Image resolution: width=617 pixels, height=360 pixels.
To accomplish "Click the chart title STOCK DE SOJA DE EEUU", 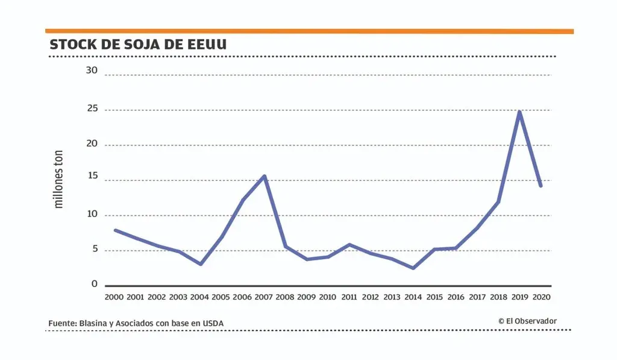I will (138, 45).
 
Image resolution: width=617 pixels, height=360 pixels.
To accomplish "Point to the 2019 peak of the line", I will (519, 112).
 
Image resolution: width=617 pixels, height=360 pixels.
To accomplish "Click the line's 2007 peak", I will (265, 176).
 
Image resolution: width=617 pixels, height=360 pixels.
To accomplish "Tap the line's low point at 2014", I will (413, 268).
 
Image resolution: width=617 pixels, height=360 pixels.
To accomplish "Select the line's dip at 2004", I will (201, 264).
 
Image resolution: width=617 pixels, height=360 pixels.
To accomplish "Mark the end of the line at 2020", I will (541, 186).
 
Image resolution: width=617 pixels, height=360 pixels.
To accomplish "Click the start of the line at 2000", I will (115, 230).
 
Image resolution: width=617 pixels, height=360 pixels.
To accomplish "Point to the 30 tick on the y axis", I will (92, 71).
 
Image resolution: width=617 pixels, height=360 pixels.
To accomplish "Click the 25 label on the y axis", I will (92, 110).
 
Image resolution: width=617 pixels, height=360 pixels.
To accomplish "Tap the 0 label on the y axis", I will (95, 283).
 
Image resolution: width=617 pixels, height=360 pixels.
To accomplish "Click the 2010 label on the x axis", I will (327, 297).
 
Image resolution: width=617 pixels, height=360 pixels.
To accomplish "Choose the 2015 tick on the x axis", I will (434, 297).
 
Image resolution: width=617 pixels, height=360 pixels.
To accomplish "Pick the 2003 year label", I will (178, 297).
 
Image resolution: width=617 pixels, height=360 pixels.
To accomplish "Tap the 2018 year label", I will (498, 297).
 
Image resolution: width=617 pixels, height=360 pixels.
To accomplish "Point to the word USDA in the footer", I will (213, 324).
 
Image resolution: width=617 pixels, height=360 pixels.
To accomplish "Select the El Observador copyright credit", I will (527, 321).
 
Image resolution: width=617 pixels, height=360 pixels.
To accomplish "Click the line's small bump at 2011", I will (349, 244).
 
